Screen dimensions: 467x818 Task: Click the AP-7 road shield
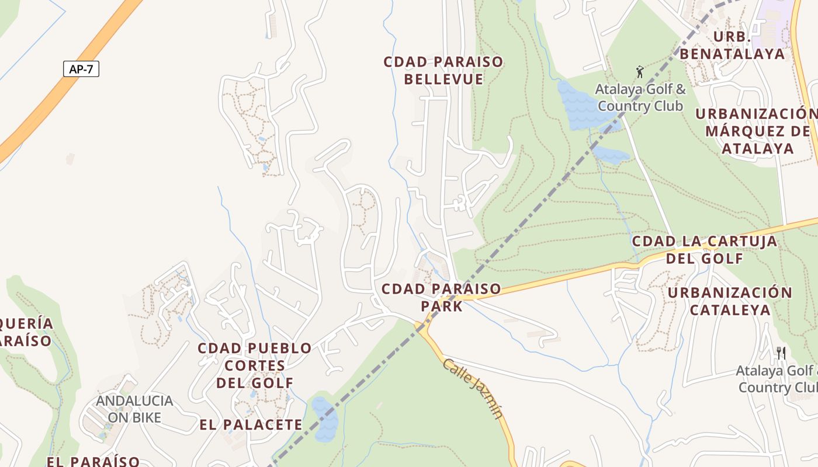click(81, 69)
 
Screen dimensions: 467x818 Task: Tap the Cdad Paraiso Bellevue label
click(443, 71)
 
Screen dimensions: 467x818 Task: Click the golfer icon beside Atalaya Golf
click(640, 72)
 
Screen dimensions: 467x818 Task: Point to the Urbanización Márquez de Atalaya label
click(757, 131)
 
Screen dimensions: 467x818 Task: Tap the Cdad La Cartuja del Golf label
click(705, 249)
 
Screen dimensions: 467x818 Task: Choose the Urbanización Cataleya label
click(730, 301)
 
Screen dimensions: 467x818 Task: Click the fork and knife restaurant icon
click(781, 353)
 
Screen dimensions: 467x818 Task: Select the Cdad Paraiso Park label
click(441, 297)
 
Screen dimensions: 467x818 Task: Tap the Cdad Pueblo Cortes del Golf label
click(255, 365)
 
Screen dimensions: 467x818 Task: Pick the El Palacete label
click(251, 424)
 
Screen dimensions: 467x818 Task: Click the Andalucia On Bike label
click(134, 409)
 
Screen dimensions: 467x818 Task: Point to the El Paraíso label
click(93, 461)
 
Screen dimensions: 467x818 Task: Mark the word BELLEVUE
click(443, 79)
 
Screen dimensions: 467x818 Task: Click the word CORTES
click(255, 366)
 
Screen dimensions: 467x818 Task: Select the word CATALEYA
click(730, 309)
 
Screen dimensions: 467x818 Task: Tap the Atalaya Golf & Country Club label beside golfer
click(640, 98)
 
